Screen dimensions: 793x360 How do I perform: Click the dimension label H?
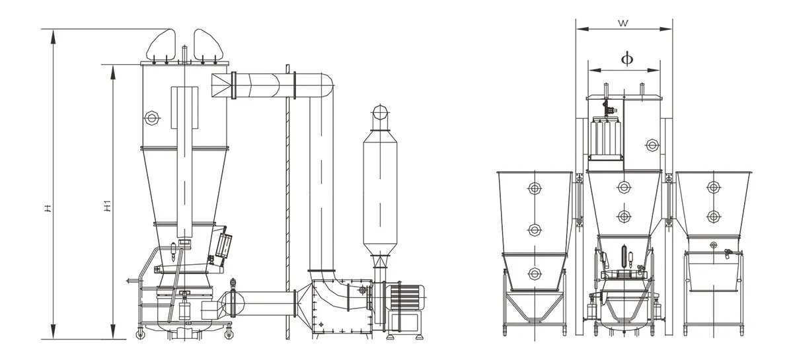click(48, 209)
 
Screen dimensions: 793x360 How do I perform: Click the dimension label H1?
click(107, 206)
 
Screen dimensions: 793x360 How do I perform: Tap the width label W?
click(623, 24)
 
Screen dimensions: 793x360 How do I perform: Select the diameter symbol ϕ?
click(627, 59)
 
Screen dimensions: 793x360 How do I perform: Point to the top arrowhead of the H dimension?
click(53, 36)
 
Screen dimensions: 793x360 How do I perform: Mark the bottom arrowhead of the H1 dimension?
click(113, 332)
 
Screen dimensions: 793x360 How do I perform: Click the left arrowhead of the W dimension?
click(582, 29)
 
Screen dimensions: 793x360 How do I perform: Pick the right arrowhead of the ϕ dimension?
click(654, 70)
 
